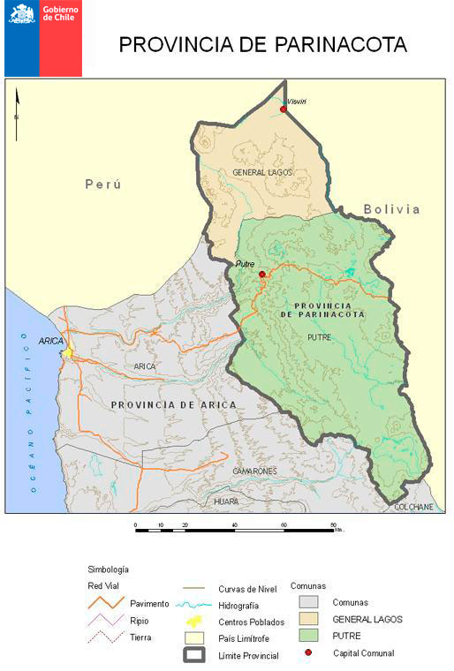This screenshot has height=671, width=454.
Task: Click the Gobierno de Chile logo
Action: (43, 39)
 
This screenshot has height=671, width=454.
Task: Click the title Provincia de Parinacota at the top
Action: (263, 45)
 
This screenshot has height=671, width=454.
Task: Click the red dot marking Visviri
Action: (284, 109)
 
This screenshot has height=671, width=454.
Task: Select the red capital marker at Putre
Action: (261, 275)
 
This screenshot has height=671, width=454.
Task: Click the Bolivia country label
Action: (392, 209)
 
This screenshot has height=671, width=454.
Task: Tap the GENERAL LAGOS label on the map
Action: (261, 172)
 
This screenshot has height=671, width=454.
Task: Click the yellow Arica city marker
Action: (66, 353)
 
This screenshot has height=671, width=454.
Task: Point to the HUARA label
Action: (226, 501)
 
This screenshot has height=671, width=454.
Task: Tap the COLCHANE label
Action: (413, 507)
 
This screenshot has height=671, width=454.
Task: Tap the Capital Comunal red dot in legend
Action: (307, 652)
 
